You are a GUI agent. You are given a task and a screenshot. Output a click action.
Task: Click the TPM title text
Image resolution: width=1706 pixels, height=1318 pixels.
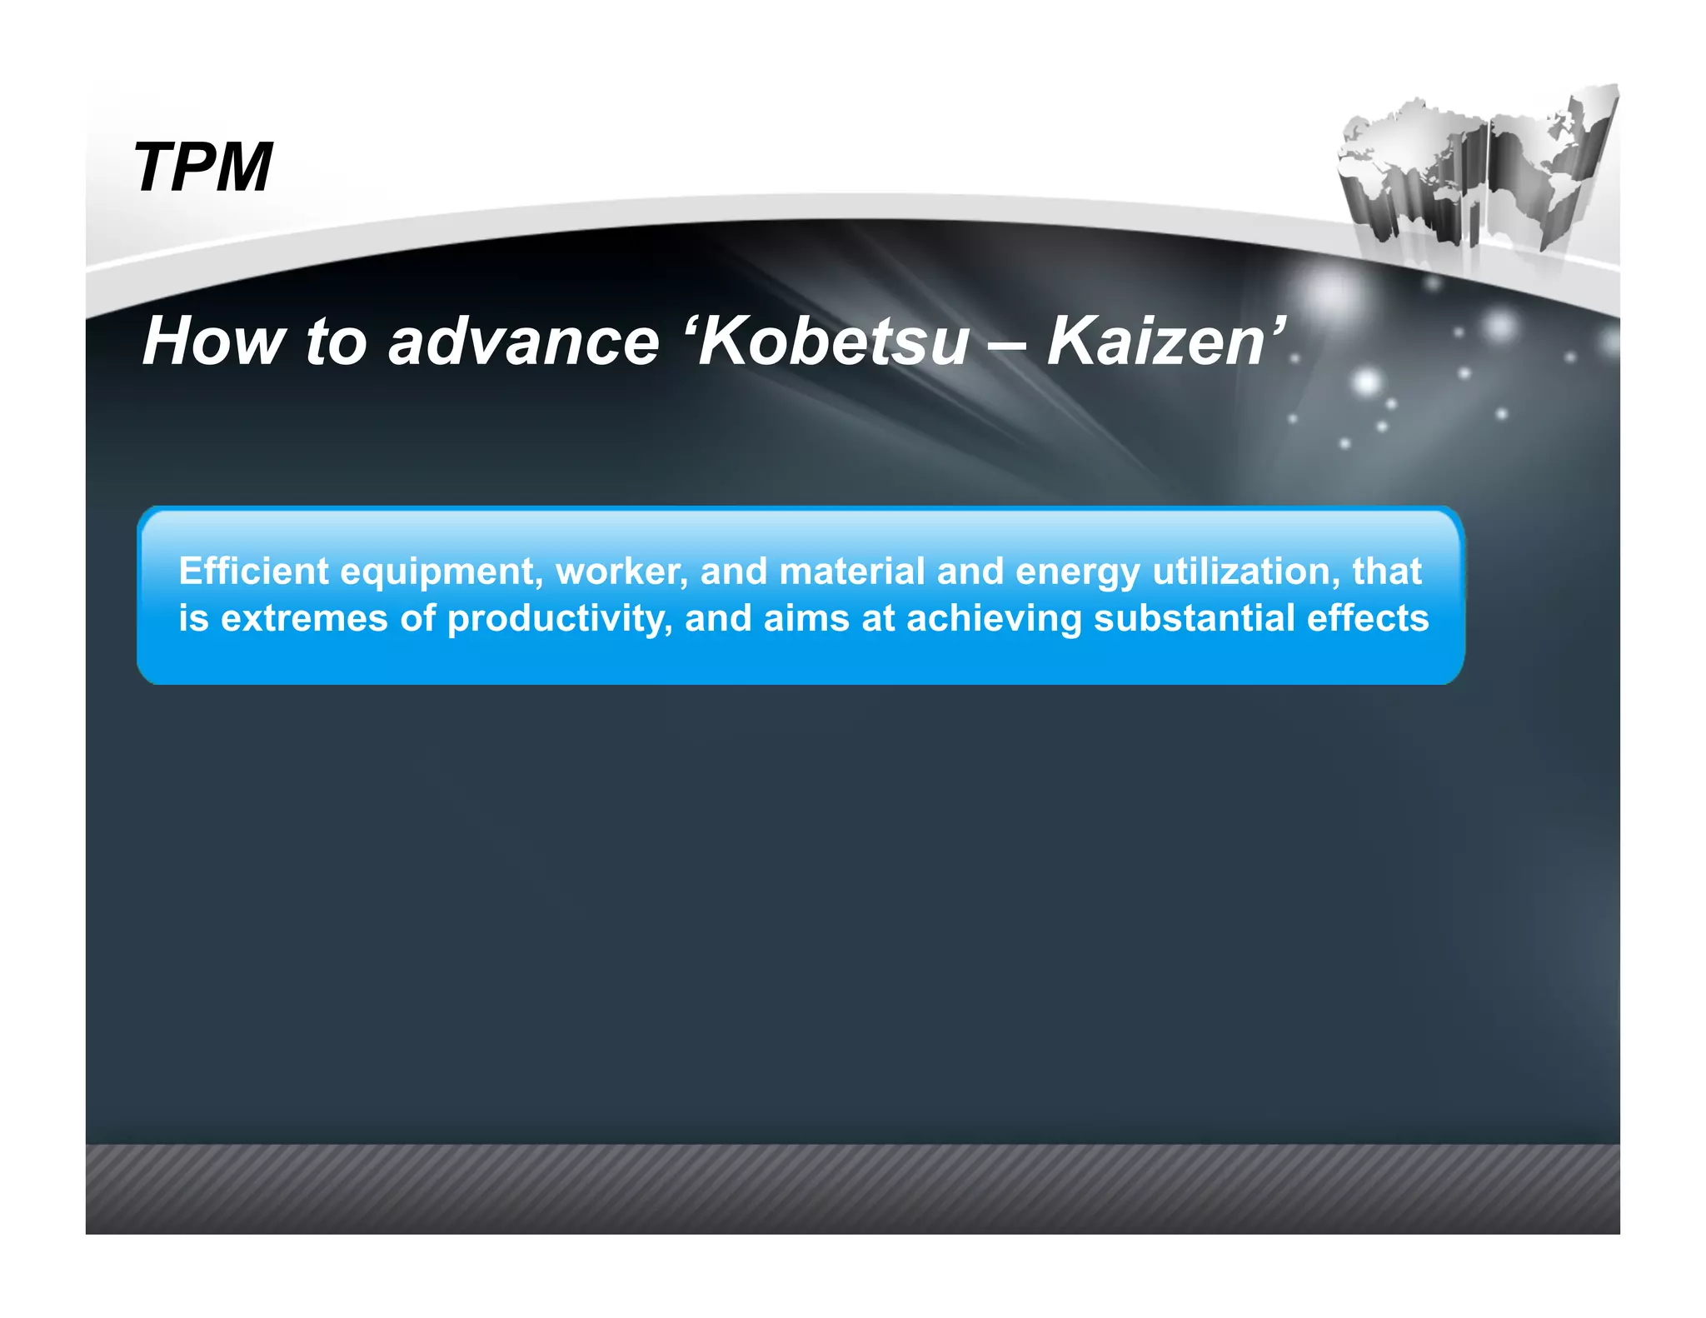[202, 167]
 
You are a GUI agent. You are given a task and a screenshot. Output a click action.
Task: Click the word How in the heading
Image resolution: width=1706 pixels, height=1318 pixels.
[212, 342]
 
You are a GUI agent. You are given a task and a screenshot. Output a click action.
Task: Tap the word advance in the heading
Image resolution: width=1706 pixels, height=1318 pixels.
[523, 342]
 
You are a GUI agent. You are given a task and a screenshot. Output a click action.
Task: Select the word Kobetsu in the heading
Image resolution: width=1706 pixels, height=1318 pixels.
[834, 342]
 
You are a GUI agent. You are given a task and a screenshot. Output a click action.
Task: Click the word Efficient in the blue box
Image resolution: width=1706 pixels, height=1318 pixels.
[254, 572]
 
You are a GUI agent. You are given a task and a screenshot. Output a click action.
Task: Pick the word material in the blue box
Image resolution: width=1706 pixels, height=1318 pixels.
[851, 572]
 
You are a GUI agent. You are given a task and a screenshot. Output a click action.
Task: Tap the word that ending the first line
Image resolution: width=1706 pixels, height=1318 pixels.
[1386, 572]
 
